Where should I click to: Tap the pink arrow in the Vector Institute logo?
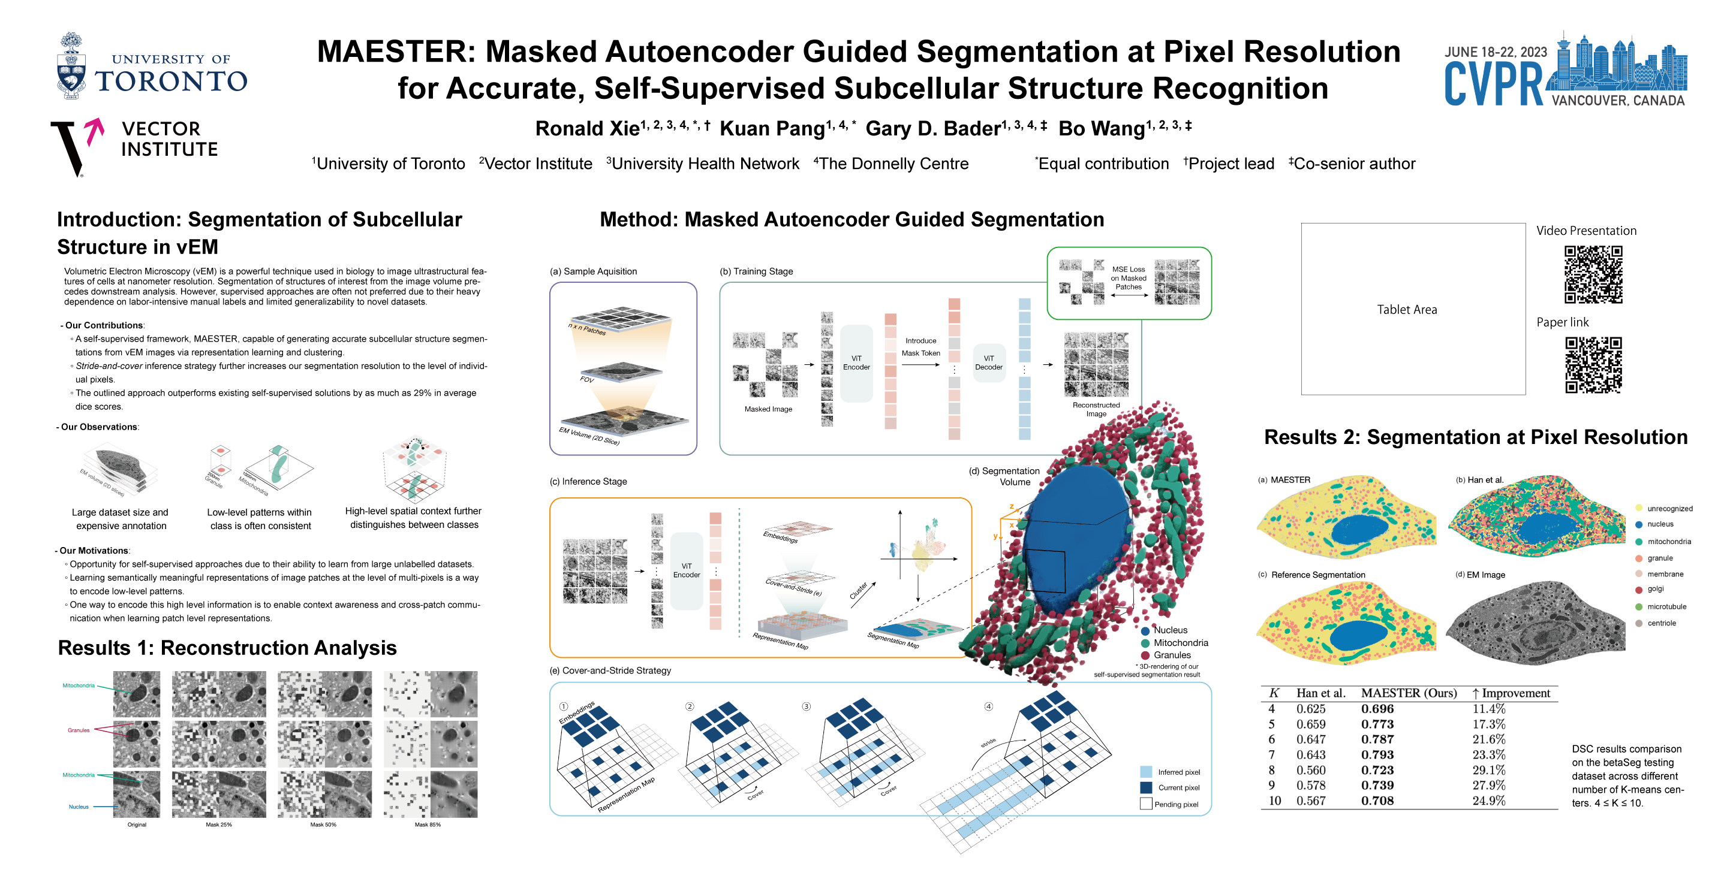(x=95, y=130)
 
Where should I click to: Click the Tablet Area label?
(x=1407, y=310)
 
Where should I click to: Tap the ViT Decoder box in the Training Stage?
(x=988, y=363)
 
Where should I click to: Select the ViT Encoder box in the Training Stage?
(x=856, y=363)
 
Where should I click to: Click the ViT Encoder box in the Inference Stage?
(x=686, y=571)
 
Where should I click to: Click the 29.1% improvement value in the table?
(x=1488, y=771)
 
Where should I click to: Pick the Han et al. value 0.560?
(x=1311, y=771)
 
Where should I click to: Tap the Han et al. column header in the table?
(x=1320, y=693)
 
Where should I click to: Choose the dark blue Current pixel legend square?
(x=1146, y=788)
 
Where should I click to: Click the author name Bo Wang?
(x=1102, y=129)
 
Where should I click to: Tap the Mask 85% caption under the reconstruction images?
(x=428, y=824)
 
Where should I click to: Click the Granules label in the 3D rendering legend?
(x=1172, y=655)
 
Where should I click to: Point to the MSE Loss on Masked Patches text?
(x=1129, y=278)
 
